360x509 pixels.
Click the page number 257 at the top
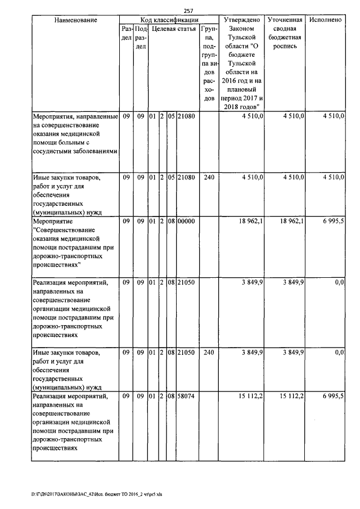[x=188, y=10]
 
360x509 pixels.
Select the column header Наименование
[x=75, y=20]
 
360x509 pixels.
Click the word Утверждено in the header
[x=241, y=20]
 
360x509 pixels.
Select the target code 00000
[x=186, y=222]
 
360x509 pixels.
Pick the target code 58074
[x=186, y=397]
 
